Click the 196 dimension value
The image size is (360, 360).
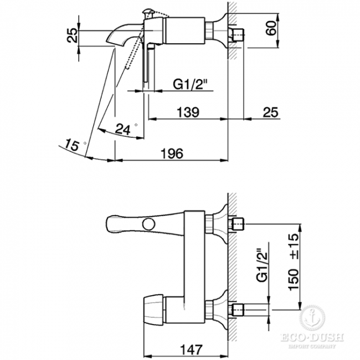coord(172,153)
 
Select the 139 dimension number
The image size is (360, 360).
coord(188,112)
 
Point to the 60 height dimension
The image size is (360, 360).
coord(271,28)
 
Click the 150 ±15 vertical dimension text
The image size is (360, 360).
coord(294,262)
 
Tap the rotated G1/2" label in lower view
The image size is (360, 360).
coord(262,265)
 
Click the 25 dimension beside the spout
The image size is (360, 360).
coord(72,35)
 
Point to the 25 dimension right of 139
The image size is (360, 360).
coord(270,112)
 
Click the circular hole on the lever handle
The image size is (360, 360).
coord(148,224)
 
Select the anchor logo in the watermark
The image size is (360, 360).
coord(312,318)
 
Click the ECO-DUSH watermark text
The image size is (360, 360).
coord(312,337)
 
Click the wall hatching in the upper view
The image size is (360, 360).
coord(232,30)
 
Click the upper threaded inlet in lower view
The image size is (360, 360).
coord(238,224)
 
